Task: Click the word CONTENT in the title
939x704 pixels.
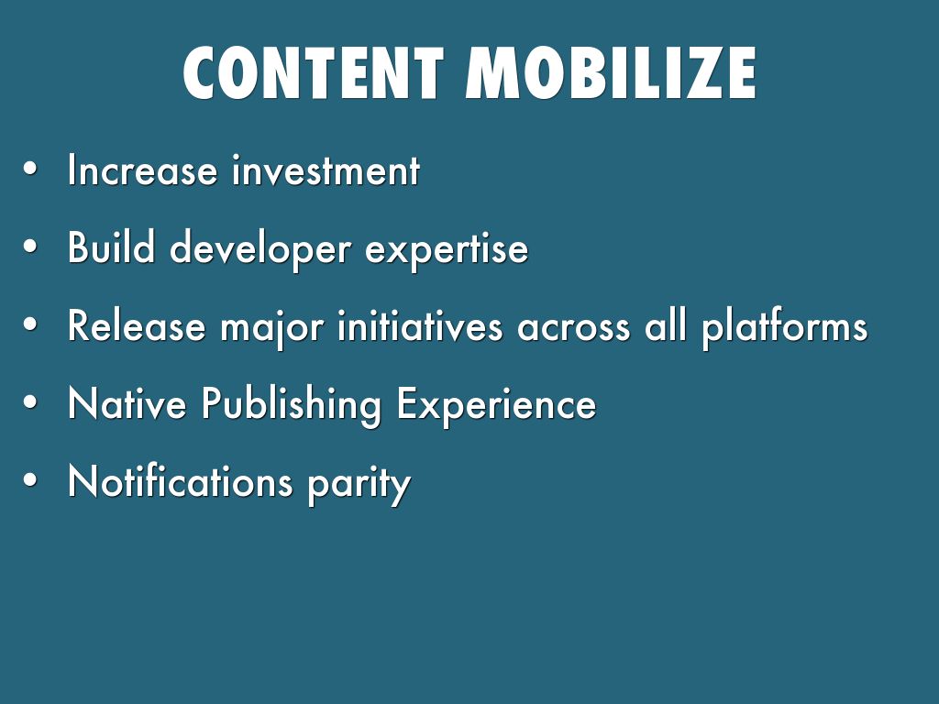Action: click(314, 73)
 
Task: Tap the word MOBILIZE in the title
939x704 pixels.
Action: click(611, 73)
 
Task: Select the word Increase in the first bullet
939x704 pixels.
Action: click(142, 170)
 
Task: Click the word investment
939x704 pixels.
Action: click(326, 170)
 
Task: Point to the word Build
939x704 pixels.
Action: click(111, 247)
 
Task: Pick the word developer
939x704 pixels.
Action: click(260, 249)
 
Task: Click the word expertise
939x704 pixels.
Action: click(447, 249)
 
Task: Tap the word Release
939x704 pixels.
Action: click(137, 325)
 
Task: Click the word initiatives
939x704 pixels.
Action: click(420, 325)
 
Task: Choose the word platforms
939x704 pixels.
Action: click(785, 328)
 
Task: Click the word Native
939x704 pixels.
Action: click(127, 403)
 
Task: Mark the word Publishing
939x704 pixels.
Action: click(291, 406)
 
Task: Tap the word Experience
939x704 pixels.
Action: click(496, 406)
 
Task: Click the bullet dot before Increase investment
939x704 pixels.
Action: click(30, 170)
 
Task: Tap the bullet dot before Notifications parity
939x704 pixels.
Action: click(30, 480)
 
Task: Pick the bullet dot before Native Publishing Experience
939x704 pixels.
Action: click(30, 402)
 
